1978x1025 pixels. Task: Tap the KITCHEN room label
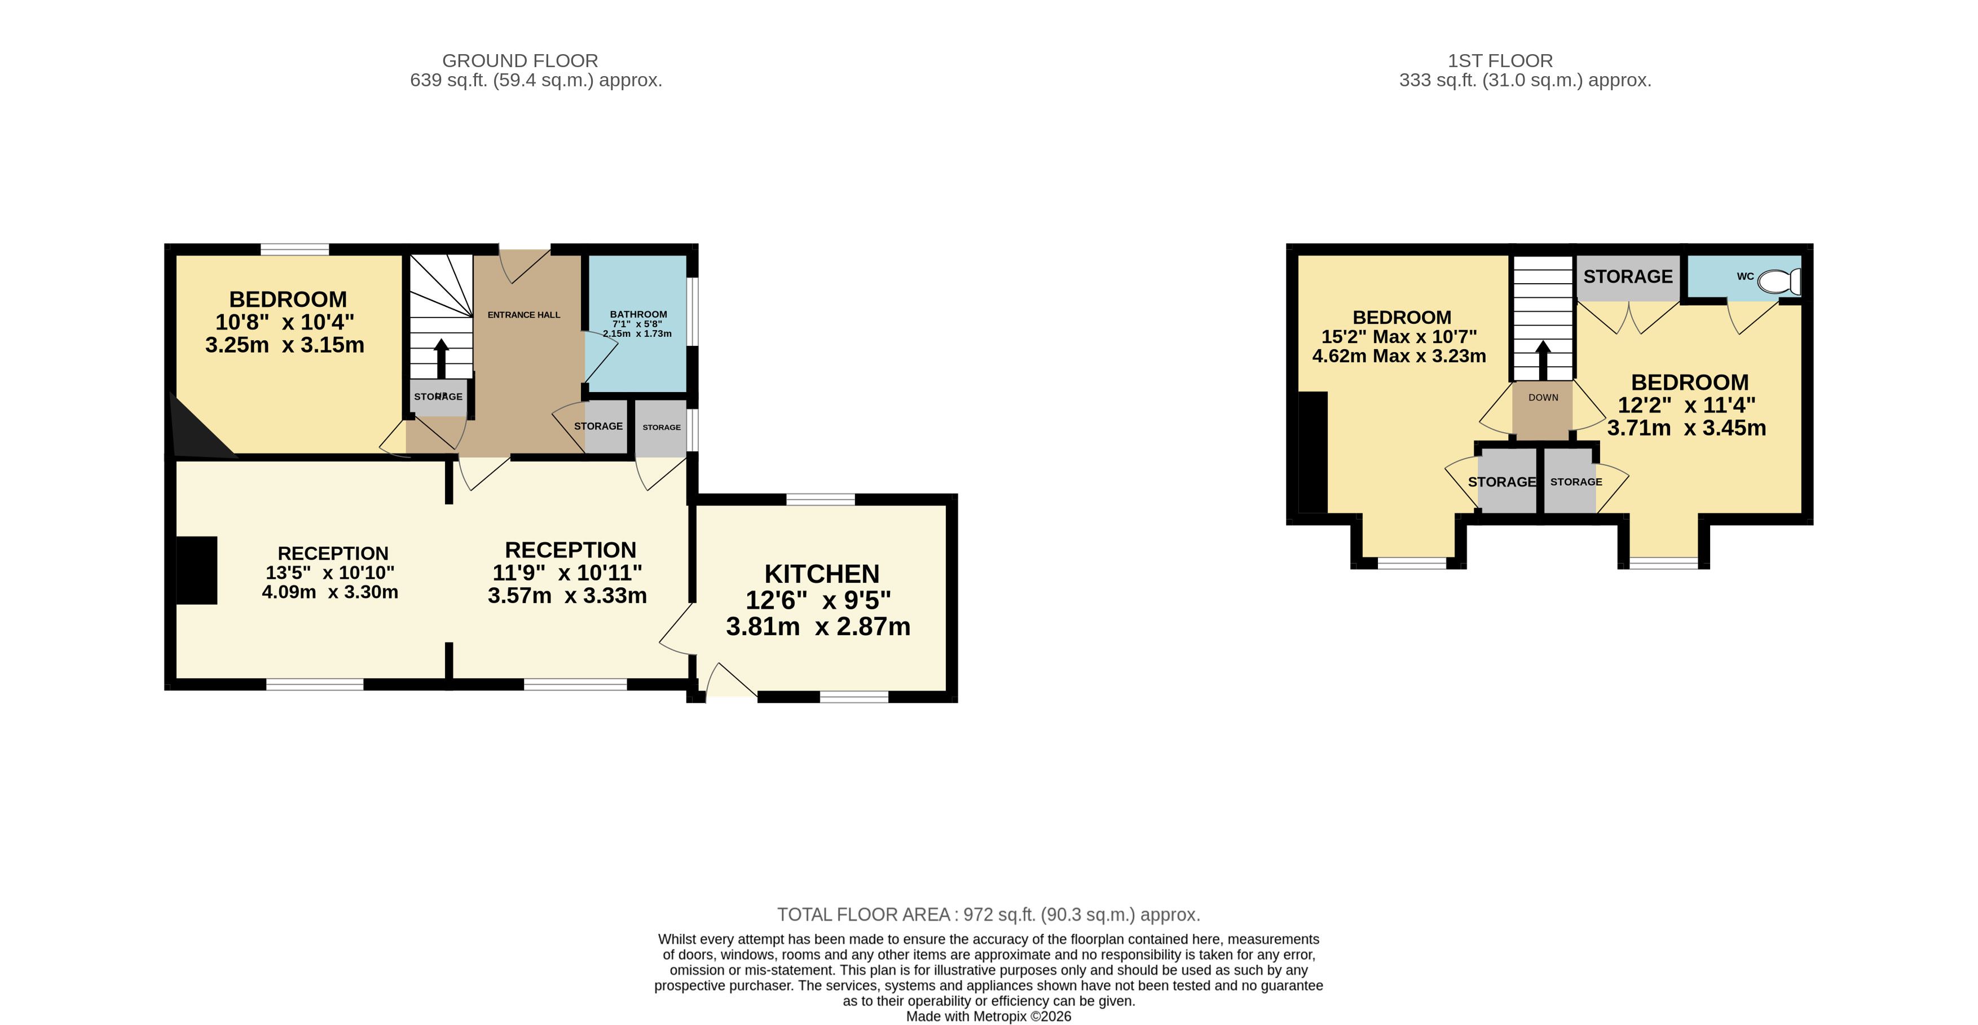[x=822, y=574]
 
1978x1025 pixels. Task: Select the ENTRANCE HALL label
[x=523, y=315]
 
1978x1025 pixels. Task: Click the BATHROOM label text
[x=638, y=314]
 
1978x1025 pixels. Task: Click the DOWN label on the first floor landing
[x=1543, y=398]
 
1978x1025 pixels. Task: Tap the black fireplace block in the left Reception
[x=197, y=570]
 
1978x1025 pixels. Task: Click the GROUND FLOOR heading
[x=520, y=61]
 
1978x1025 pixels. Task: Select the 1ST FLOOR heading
[x=1500, y=61]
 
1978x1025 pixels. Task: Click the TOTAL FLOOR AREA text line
[x=988, y=914]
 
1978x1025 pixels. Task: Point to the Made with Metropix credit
[x=988, y=1017]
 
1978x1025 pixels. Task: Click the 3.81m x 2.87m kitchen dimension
[x=818, y=627]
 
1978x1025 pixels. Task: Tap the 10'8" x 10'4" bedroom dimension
[x=285, y=322]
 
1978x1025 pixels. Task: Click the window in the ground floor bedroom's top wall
[x=295, y=249]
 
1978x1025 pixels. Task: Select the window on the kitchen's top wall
[x=820, y=500]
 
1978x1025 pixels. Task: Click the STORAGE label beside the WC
[x=1628, y=276]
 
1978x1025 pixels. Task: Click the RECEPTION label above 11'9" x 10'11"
[x=571, y=551]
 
